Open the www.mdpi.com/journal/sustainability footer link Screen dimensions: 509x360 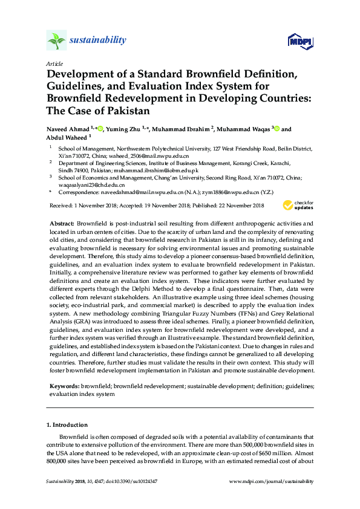coord(272,481)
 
